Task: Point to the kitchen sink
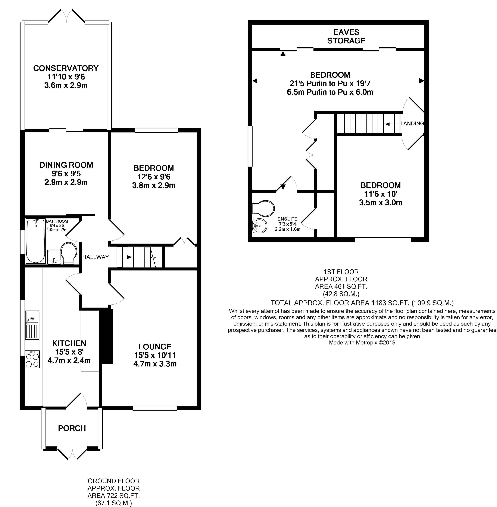tap(32, 325)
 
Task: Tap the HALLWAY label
tap(96, 257)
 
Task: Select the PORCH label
tap(72, 428)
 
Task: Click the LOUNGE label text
tap(155, 347)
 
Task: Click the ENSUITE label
tap(287, 219)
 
